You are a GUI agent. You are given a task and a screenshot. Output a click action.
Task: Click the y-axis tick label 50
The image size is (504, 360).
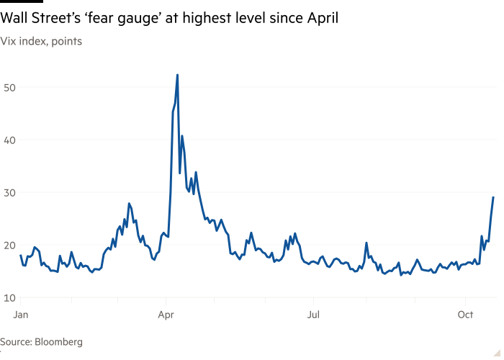[x=9, y=87]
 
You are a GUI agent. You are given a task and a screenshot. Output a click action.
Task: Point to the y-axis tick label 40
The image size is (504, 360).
[x=9, y=140]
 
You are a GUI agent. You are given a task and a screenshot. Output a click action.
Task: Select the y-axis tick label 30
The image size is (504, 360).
[x=9, y=192]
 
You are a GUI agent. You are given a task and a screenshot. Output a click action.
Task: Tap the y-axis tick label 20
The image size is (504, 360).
[x=9, y=245]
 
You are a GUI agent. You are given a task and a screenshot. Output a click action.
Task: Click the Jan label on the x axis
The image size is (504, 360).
[x=21, y=315]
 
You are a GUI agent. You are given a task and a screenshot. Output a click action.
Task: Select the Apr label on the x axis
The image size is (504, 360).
[x=166, y=315]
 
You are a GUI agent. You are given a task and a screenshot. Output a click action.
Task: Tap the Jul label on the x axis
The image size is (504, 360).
[x=313, y=315]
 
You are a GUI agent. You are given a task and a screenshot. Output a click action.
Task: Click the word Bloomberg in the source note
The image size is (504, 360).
[x=59, y=342]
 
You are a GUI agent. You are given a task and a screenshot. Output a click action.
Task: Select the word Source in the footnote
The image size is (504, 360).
[x=16, y=342]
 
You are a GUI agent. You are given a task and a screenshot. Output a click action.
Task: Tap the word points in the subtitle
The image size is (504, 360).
[x=66, y=42]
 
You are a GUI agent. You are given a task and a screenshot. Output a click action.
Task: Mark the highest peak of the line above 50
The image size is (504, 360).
[x=177, y=74]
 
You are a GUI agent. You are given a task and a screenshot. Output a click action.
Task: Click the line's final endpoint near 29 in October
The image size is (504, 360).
[x=493, y=197]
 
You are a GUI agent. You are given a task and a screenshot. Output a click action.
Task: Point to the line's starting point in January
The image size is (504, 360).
[x=21, y=256]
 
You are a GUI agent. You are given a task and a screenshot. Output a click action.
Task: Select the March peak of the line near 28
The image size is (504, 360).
[x=129, y=204]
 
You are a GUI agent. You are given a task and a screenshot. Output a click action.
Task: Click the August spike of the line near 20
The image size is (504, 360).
[x=366, y=243]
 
